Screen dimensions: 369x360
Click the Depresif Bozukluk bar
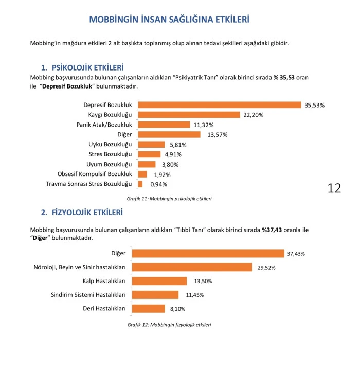[219, 105]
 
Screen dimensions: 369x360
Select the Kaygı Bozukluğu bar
[189, 115]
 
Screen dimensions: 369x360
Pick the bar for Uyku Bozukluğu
[151, 145]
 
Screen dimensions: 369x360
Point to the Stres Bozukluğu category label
[111, 154]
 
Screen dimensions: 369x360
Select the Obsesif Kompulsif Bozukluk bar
[142, 174]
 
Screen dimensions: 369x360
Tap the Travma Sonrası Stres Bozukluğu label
[89, 184]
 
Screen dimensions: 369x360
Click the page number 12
[334, 188]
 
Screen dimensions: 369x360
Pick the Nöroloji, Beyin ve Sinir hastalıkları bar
[195, 267]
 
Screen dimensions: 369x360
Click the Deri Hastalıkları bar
[151, 309]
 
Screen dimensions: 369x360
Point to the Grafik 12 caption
[169, 325]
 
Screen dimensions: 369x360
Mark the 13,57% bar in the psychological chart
[169, 135]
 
